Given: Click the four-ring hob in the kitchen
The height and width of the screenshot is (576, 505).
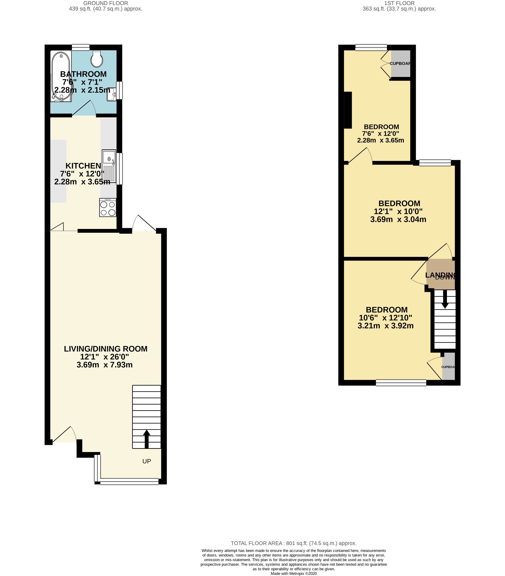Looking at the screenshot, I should (x=108, y=208).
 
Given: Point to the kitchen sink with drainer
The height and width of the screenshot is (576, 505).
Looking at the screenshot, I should (x=109, y=165).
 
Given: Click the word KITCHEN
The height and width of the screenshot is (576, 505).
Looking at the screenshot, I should (x=83, y=166).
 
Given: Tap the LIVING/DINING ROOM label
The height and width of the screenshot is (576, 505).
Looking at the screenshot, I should (x=106, y=349).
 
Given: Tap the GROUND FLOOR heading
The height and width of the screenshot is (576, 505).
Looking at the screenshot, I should (x=106, y=3).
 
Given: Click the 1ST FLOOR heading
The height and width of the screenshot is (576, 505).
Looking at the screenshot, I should (x=399, y=3).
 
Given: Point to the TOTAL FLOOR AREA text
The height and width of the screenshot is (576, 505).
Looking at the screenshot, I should (x=294, y=543).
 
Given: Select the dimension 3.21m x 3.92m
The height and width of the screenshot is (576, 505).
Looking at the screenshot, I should (x=385, y=326).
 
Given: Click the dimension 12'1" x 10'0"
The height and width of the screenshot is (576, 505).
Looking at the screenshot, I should (x=398, y=211).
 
